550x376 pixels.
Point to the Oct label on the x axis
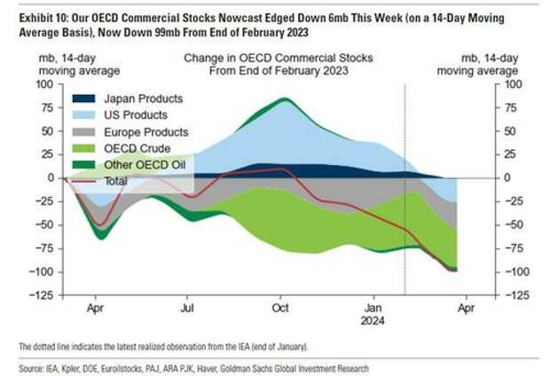tap(281, 309)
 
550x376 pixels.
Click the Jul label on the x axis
tap(187, 309)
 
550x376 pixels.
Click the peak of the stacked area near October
tap(281, 98)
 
